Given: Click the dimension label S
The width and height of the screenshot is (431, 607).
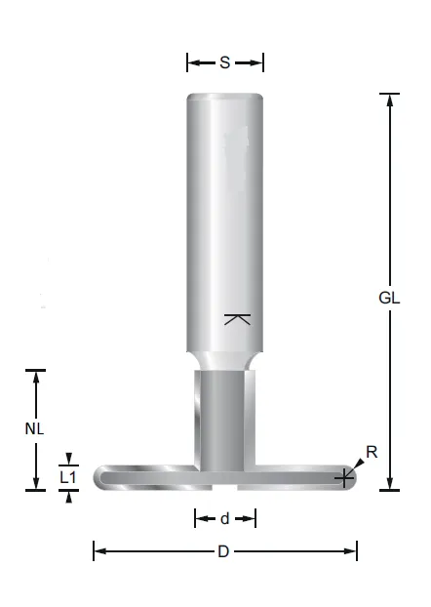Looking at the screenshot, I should pos(224,62).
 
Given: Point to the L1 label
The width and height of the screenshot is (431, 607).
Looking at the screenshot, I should pos(67,477).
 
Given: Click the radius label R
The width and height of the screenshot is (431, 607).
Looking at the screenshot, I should pos(371,452).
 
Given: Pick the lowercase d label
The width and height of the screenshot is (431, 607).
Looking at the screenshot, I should pos(224,517).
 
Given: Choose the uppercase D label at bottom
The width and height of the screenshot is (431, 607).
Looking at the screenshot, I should pos(223,551).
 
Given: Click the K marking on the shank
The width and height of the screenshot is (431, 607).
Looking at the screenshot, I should pos(236,319).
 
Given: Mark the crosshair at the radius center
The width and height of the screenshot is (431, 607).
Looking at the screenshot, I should pos(343,477).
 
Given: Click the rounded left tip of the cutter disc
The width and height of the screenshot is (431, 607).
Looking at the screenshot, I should pos(98,477).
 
